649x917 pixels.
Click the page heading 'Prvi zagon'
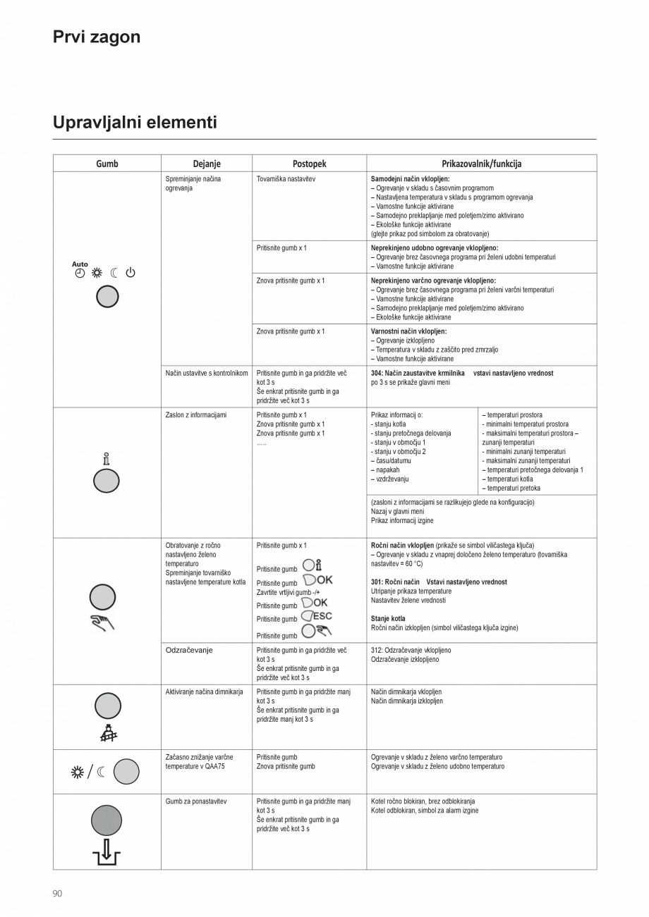click(x=97, y=37)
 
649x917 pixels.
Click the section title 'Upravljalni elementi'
click(x=135, y=123)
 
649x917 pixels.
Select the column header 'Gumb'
click(x=107, y=164)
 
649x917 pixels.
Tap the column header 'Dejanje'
click(x=207, y=164)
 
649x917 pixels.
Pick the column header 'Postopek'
click(x=309, y=164)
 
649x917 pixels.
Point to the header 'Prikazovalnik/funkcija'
click(x=481, y=164)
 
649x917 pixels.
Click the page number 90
click(x=58, y=893)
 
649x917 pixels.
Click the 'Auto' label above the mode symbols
click(x=80, y=264)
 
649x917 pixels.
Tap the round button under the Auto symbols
click(x=107, y=297)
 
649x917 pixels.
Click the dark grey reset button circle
click(x=107, y=820)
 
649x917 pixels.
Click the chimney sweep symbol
click(x=107, y=734)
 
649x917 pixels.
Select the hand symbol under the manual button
click(x=102, y=622)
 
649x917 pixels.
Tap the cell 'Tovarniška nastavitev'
click(x=286, y=179)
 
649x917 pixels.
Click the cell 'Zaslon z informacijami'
click(x=196, y=415)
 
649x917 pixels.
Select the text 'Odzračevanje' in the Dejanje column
click(x=189, y=650)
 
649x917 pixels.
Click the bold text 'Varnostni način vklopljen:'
click(x=408, y=331)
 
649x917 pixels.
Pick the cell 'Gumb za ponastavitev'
click(x=195, y=801)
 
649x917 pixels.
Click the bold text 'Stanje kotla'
click(x=388, y=619)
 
